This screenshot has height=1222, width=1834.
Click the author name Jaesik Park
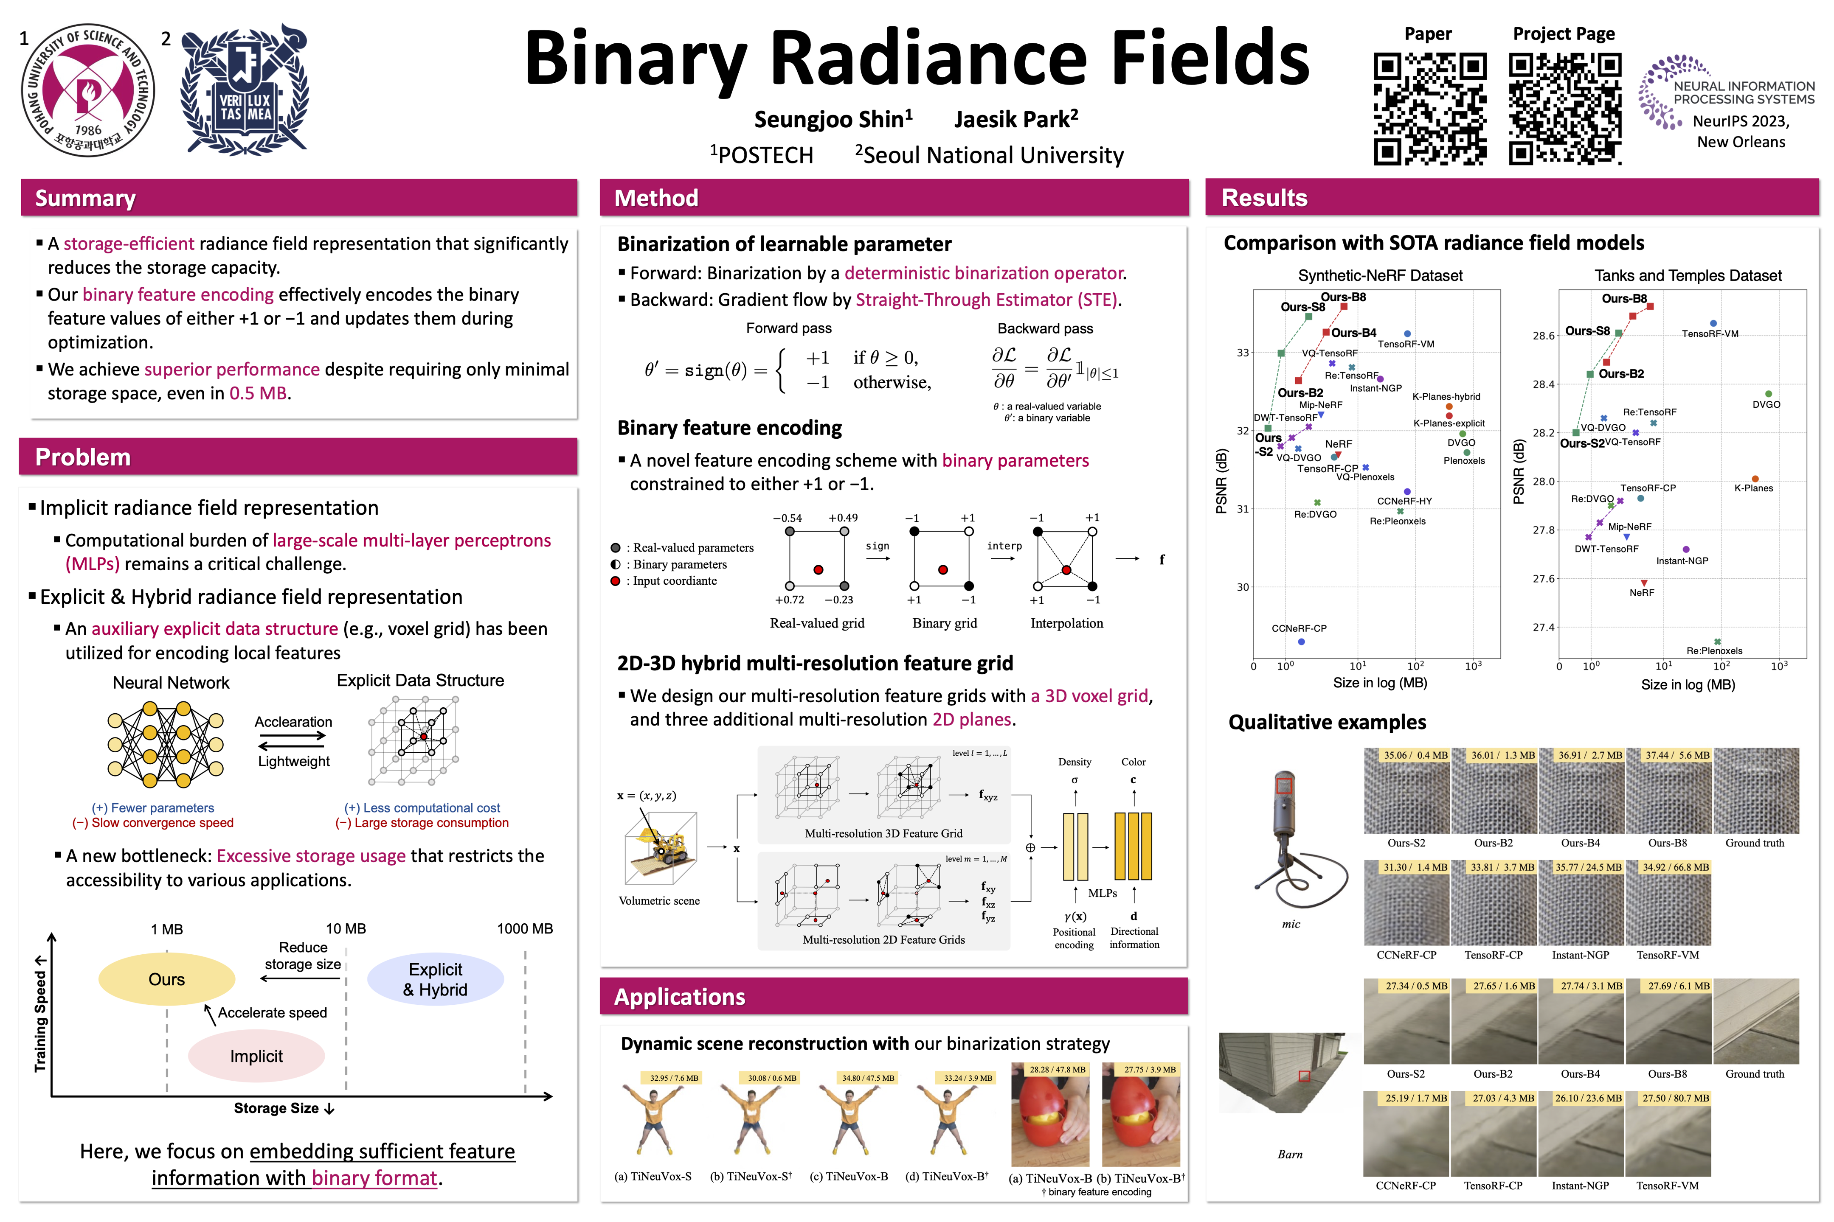(1015, 119)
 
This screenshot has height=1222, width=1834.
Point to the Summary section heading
(86, 198)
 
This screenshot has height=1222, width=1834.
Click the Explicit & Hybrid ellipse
(435, 980)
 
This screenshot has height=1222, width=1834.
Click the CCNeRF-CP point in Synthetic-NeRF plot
(1302, 642)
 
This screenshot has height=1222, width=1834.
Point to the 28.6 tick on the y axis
(1543, 336)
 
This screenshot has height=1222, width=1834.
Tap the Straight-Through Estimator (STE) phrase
(986, 300)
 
